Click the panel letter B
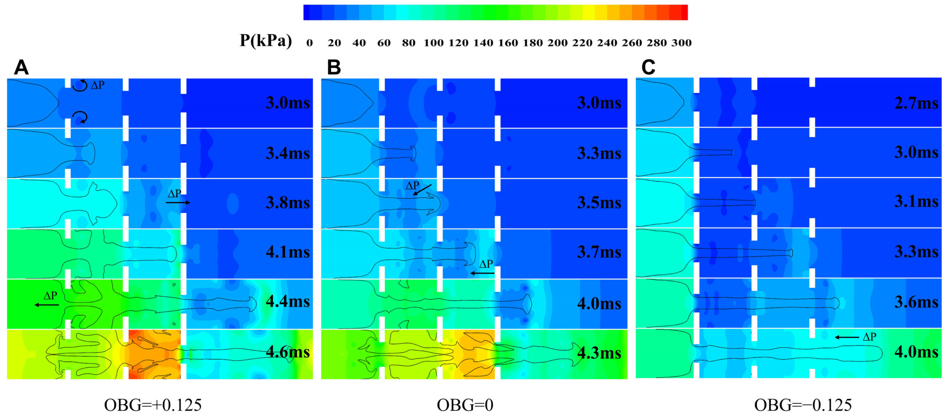click(334, 68)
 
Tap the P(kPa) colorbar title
click(266, 40)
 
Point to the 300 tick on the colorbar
click(681, 43)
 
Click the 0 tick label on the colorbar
click(310, 43)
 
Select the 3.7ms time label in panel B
click(599, 252)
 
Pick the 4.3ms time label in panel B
click(599, 353)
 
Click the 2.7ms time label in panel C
click(916, 103)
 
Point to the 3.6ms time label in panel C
click(916, 302)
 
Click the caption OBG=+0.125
click(153, 405)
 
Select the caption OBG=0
click(465, 405)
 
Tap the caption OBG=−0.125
click(803, 405)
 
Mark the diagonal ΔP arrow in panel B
click(422, 190)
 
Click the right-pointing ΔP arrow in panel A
click(178, 202)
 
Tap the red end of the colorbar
click(683, 12)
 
